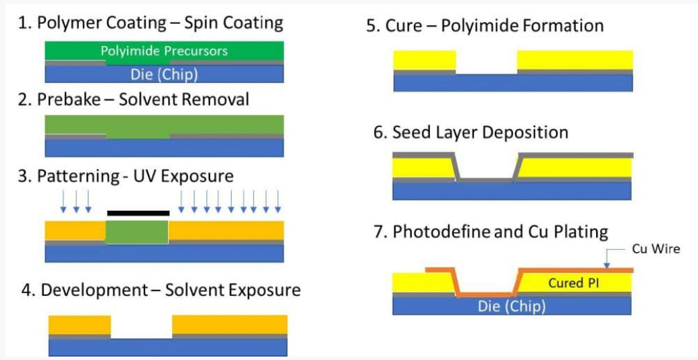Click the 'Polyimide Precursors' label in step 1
pos(164,51)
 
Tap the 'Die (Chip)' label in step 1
pos(164,74)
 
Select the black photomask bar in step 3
pos(138,213)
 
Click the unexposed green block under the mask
pos(137,231)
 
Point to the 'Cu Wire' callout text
pos(655,249)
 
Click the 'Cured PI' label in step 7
pos(573,283)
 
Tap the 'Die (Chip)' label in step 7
pos(511,306)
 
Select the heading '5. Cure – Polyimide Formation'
pos(485,26)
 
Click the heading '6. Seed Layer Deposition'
pos(471,132)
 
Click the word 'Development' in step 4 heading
pos(94,290)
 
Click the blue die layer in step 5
pos(512,82)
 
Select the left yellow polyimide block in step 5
pos(425,59)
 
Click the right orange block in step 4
pos(230,325)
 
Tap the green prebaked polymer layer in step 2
pos(164,126)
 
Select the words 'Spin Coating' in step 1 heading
pos(234,23)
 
